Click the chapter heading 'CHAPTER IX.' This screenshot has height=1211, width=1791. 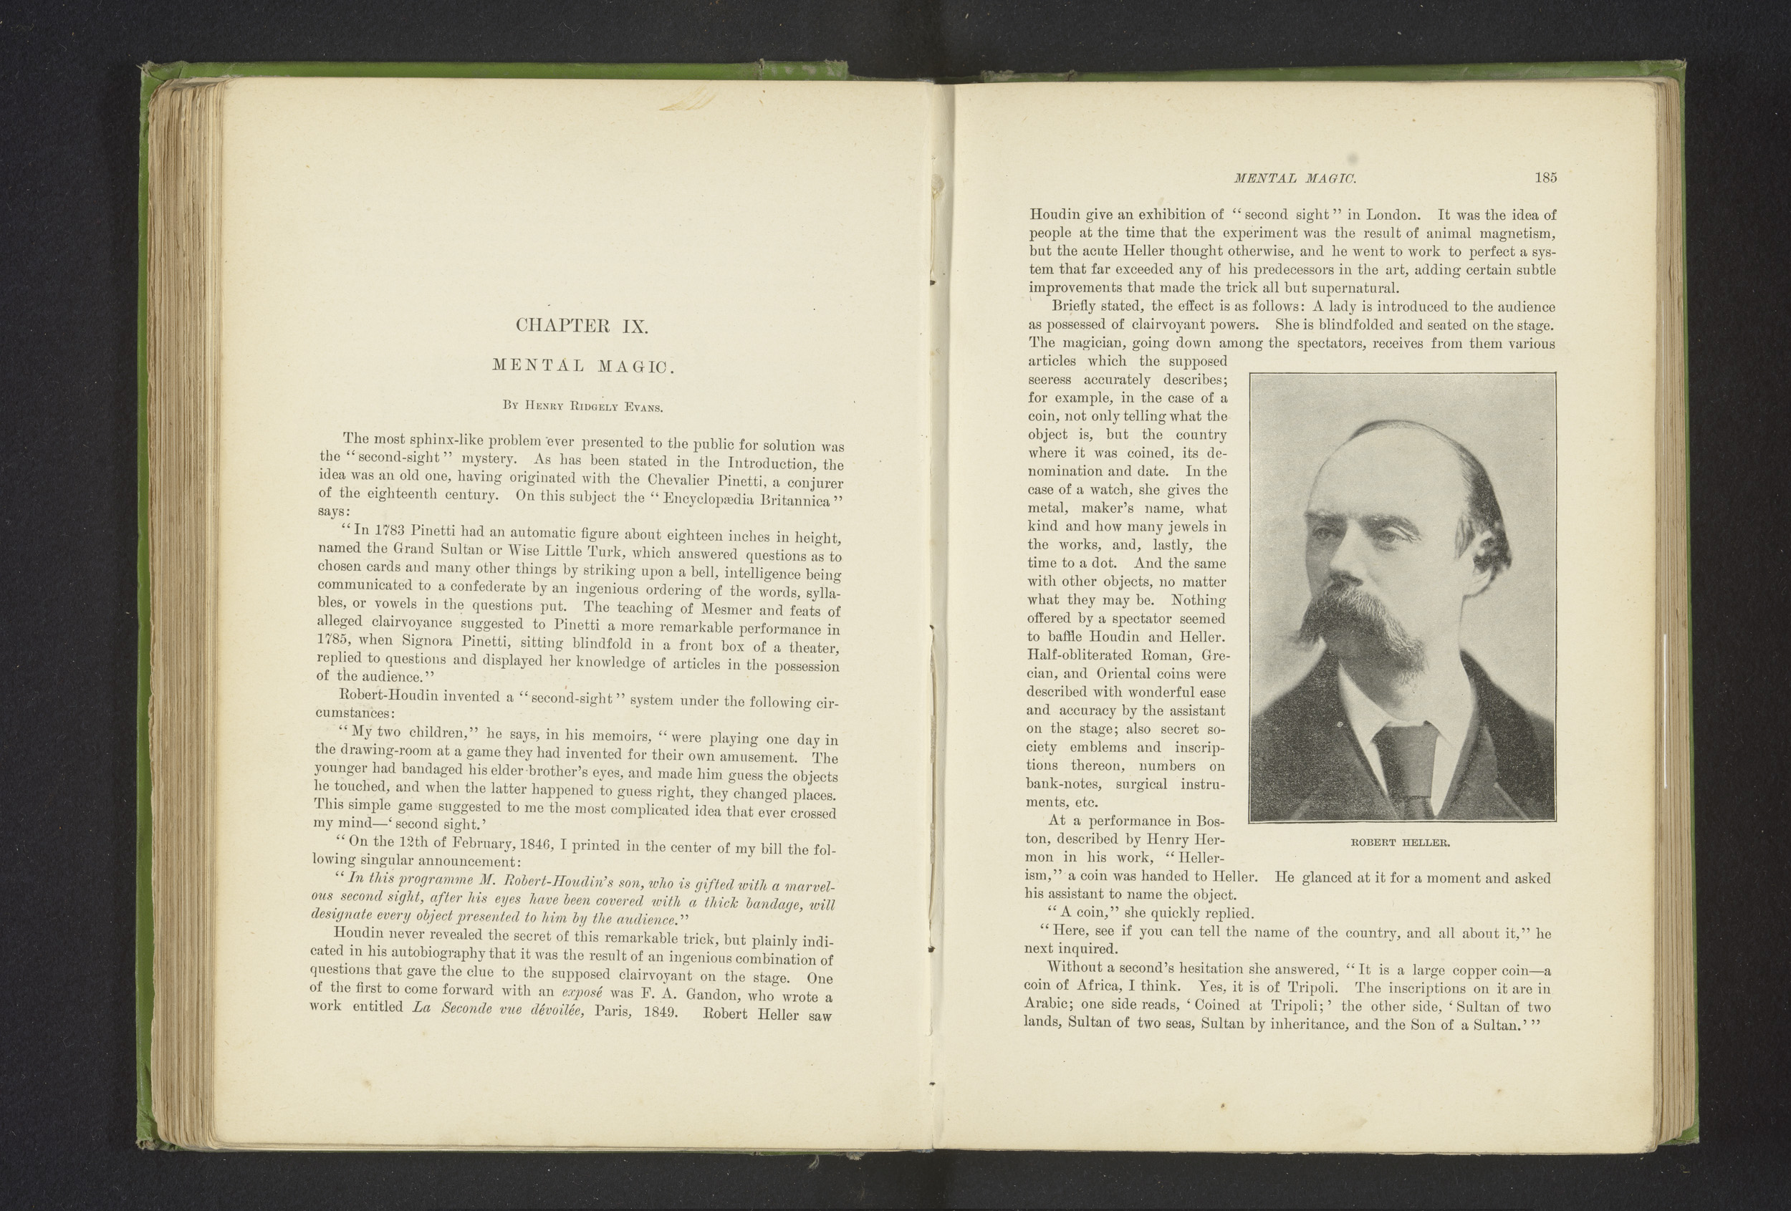tap(582, 326)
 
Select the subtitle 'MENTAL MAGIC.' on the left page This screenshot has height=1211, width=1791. tap(583, 366)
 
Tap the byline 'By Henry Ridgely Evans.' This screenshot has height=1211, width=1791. tap(582, 405)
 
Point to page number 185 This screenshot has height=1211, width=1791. tap(1545, 178)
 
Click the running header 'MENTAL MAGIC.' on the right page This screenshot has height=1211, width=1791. tap(1295, 179)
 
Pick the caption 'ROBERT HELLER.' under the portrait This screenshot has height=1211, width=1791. tap(1401, 843)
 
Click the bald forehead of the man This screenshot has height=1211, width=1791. tap(1380, 478)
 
